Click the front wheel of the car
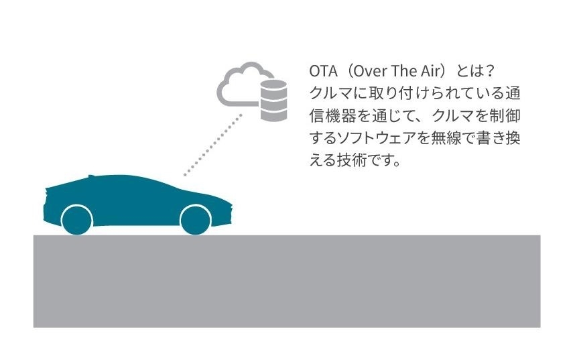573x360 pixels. (x=196, y=221)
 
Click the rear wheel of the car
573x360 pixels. (x=77, y=221)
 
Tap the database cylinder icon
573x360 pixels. (x=273, y=100)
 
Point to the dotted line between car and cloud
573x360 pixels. (x=213, y=145)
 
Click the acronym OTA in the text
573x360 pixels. (x=323, y=71)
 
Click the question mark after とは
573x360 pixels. (x=490, y=71)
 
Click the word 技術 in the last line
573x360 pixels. (x=352, y=160)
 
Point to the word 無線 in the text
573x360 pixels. (x=446, y=138)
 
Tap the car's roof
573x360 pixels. (x=121, y=178)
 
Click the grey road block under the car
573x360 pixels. (x=287, y=281)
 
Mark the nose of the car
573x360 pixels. (x=231, y=212)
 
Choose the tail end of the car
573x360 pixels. (x=46, y=204)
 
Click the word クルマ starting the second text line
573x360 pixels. (x=330, y=94)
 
